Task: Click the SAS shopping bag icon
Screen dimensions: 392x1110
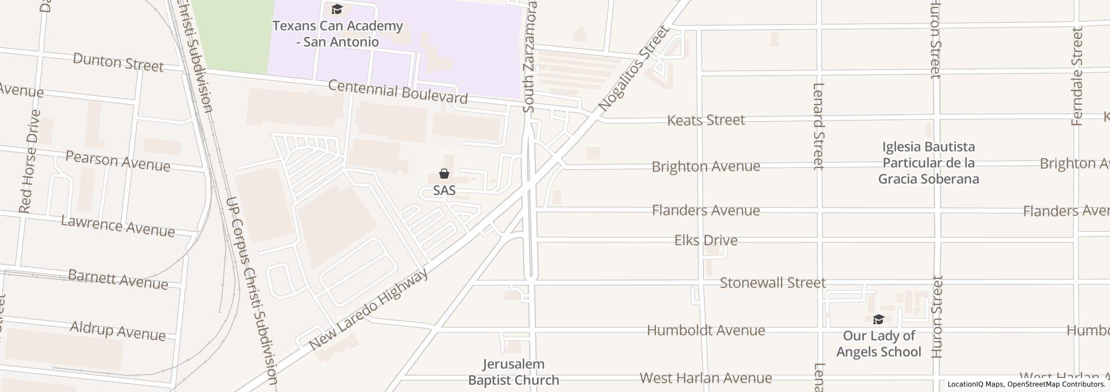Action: click(x=444, y=174)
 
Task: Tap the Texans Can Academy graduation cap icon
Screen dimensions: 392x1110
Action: click(x=337, y=9)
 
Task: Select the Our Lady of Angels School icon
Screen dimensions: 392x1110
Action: click(x=878, y=320)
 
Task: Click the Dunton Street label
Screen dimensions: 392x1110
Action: click(x=118, y=62)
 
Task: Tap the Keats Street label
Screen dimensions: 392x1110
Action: click(x=706, y=120)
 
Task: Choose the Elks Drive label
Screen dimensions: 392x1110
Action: click(x=706, y=240)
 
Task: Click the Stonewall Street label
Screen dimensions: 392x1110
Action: click(x=773, y=283)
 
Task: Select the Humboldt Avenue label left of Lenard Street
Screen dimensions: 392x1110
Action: click(x=706, y=330)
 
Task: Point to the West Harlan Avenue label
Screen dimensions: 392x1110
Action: click(x=706, y=379)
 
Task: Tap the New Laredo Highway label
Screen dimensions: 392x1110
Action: click(x=369, y=309)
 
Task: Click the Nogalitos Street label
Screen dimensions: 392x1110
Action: click(x=634, y=68)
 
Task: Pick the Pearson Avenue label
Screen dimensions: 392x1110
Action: click(x=118, y=161)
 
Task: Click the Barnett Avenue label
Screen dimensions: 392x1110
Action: click(x=118, y=279)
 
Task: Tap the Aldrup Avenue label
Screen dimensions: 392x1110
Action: click(x=118, y=330)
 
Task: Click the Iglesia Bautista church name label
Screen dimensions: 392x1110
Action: click(x=929, y=163)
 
